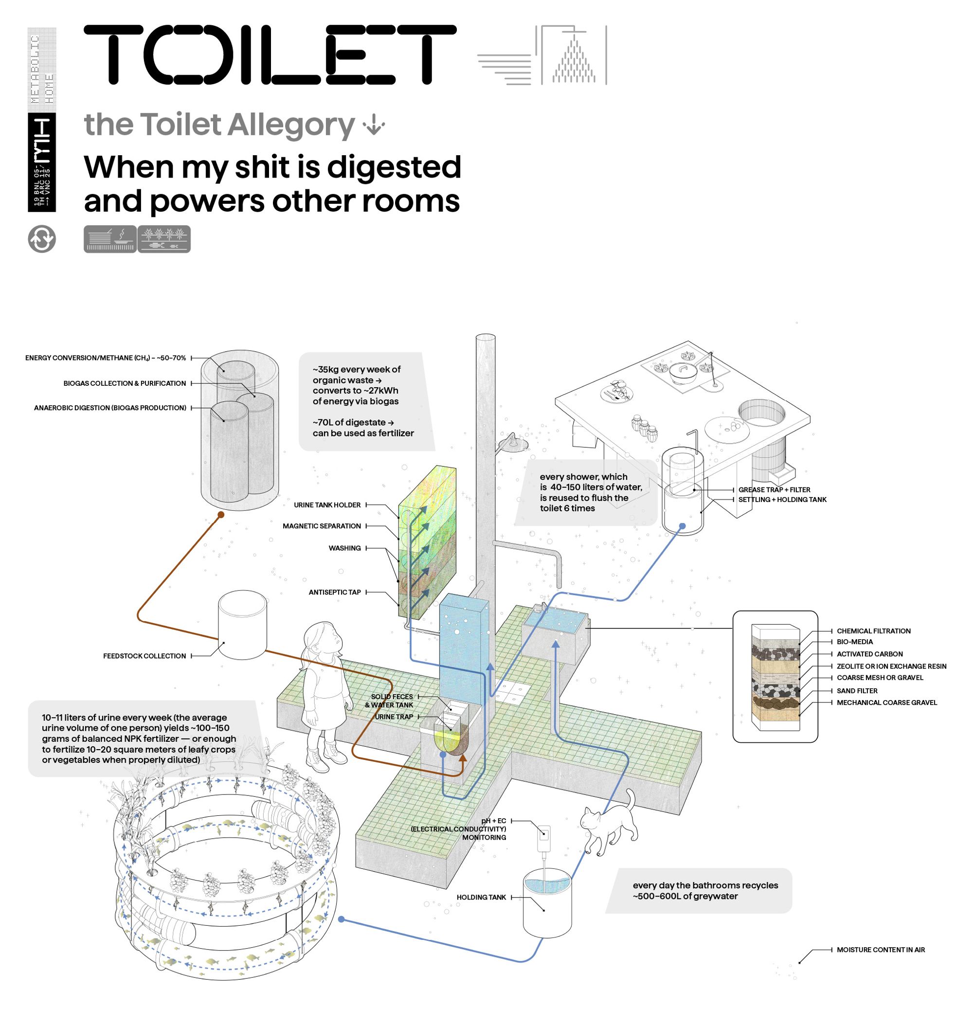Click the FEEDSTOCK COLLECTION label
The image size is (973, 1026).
[144, 656]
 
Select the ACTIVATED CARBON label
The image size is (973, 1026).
[869, 654]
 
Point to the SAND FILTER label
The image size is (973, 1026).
[857, 691]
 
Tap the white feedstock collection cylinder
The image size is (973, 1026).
[242, 625]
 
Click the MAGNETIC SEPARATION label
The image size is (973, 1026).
[322, 526]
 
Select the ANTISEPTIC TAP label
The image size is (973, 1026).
[335, 593]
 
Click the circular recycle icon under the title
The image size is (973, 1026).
[42, 239]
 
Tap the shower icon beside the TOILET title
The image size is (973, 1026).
[573, 55]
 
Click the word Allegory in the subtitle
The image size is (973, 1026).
[291, 125]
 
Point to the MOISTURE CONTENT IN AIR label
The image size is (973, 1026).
[881, 950]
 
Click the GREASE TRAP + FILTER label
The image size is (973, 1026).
[774, 490]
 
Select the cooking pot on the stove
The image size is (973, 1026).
[683, 373]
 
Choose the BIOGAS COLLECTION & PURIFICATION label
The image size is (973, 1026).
[125, 383]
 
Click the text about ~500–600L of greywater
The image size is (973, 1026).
[705, 891]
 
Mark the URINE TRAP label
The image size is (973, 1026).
[394, 717]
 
